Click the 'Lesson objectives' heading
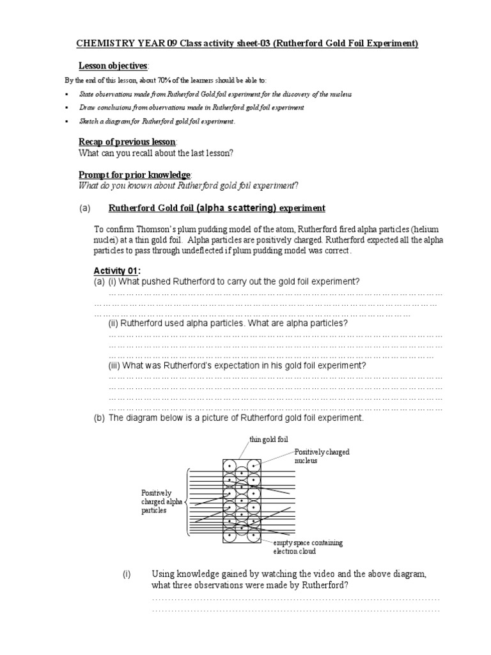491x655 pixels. click(x=113, y=66)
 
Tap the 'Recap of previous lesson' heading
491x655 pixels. click(x=127, y=141)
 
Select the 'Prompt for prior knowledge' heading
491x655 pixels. click(x=134, y=175)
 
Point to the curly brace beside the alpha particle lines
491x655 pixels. click(x=186, y=502)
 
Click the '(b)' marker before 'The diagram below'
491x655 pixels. click(x=99, y=418)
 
